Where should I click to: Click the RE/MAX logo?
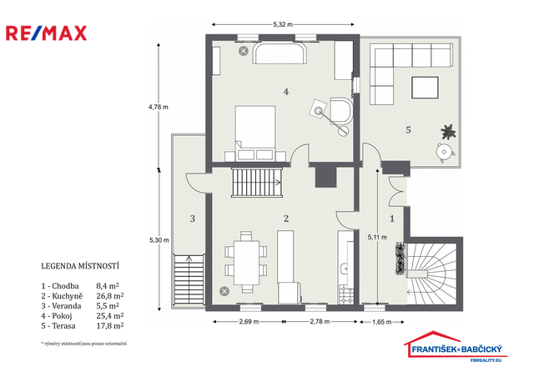pyautogui.click(x=47, y=33)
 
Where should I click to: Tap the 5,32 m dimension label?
pyautogui.click(x=283, y=24)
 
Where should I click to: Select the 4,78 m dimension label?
pyautogui.click(x=159, y=107)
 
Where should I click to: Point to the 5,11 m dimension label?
pyautogui.click(x=377, y=237)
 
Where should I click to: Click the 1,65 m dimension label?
pyautogui.click(x=382, y=322)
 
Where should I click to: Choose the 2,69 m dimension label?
pyautogui.click(x=249, y=322)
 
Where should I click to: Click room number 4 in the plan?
pyautogui.click(x=286, y=92)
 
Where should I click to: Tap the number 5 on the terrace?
pyautogui.click(x=408, y=130)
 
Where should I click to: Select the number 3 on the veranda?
pyautogui.click(x=193, y=219)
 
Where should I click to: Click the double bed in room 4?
pyautogui.click(x=255, y=133)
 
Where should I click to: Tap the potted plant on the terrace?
pyautogui.click(x=448, y=132)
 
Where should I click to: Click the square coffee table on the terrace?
pyautogui.click(x=425, y=88)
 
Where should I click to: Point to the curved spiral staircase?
pyautogui.click(x=432, y=273)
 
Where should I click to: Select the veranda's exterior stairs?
pyautogui.click(x=189, y=280)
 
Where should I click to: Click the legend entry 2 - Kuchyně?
pyautogui.click(x=62, y=296)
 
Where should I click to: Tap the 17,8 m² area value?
pyautogui.click(x=109, y=326)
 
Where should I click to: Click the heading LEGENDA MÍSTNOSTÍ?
pyautogui.click(x=80, y=266)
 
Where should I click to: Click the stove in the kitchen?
pyautogui.click(x=345, y=295)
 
